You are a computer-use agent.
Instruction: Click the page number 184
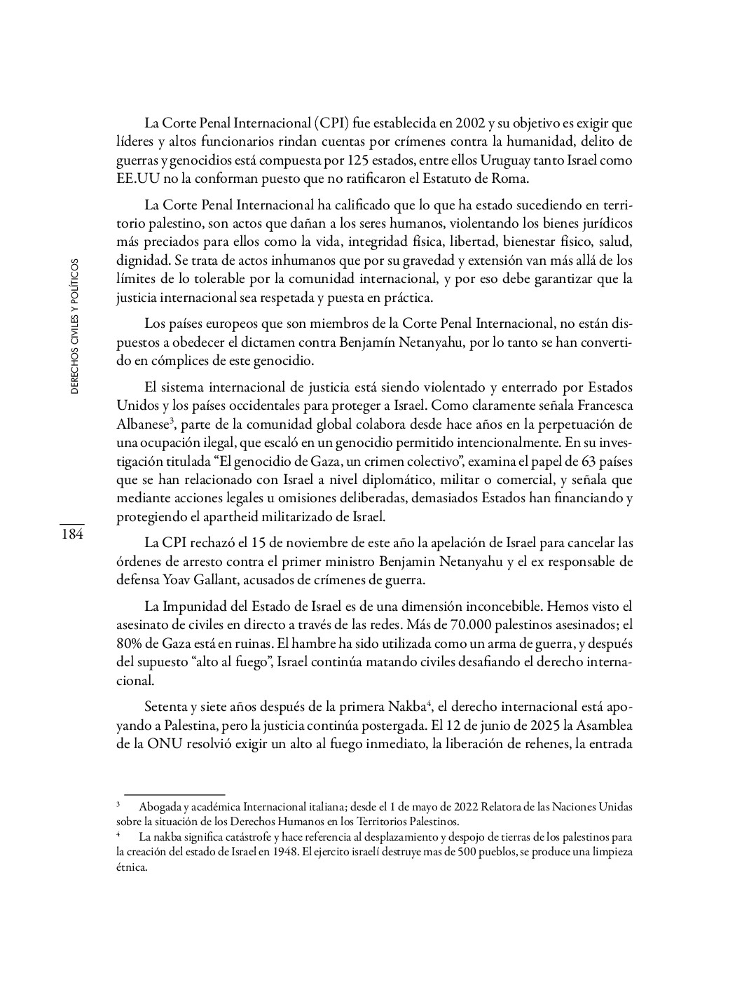click(x=71, y=534)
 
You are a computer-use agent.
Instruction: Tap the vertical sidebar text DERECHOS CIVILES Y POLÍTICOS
click(x=74, y=326)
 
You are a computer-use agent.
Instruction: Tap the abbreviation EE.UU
click(x=133, y=179)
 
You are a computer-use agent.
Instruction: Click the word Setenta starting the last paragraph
click(x=165, y=705)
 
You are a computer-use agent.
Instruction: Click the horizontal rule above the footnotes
click(x=170, y=794)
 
